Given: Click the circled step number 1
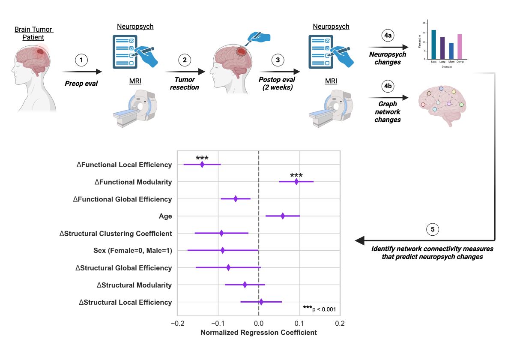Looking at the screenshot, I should [81, 60].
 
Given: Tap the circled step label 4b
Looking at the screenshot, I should [388, 85].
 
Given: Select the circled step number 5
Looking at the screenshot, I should [433, 230].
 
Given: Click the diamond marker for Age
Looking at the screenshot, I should [283, 216].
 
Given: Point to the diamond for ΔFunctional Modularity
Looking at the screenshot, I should [296, 182].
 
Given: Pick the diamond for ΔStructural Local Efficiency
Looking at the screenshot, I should [261, 302].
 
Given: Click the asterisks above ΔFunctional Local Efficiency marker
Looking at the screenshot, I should [202, 158].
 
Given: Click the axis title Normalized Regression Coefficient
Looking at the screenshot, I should [259, 333].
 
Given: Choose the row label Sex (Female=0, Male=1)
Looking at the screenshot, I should [133, 251].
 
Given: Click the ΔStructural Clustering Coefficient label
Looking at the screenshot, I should [116, 234].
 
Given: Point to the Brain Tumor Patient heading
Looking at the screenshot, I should [33, 33].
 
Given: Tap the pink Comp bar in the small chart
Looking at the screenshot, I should [460, 47].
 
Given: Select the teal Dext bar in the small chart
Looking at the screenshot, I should [433, 45].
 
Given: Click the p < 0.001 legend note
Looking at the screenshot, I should [320, 309].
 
